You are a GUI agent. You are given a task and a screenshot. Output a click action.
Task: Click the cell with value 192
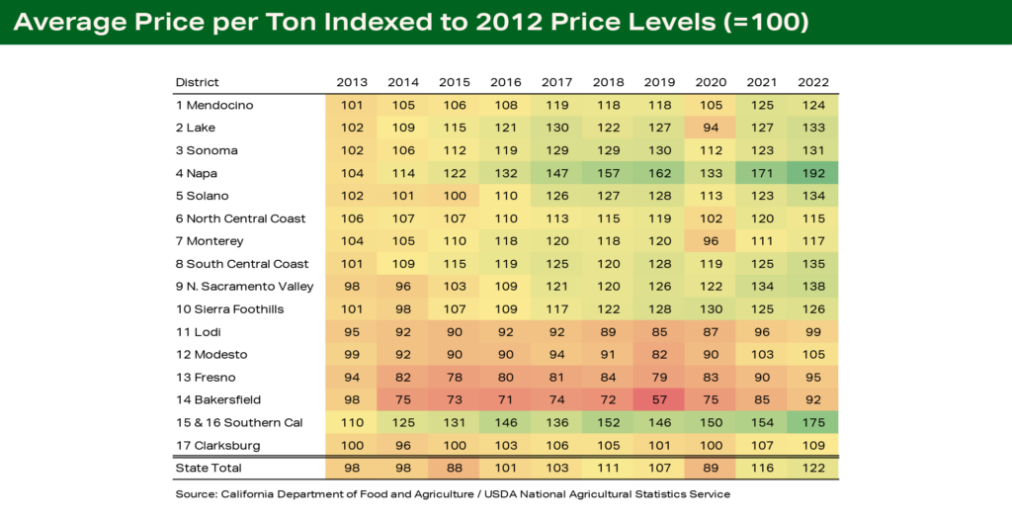[813, 173]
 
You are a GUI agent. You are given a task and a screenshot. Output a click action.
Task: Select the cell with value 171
[762, 173]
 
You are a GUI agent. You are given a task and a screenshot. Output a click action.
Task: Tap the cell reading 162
[659, 173]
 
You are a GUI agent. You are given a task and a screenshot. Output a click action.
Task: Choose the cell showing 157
[608, 173]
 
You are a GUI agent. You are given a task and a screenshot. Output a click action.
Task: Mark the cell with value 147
[556, 173]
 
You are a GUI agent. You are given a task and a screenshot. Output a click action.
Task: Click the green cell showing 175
[813, 422]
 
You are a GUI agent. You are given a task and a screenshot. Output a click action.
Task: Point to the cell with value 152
[608, 422]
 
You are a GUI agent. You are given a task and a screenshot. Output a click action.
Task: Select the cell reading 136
[556, 422]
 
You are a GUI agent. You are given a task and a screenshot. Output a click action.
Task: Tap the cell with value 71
[505, 399]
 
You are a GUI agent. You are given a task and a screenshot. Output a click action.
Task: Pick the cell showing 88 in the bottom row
[454, 468]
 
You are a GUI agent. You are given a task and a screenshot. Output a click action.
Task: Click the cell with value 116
[762, 468]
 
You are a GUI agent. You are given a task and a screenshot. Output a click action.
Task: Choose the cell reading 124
[813, 105]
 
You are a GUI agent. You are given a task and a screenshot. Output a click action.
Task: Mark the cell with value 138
[813, 286]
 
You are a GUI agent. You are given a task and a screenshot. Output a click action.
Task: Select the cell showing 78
[454, 377]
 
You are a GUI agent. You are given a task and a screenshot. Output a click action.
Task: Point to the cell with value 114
[402, 173]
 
